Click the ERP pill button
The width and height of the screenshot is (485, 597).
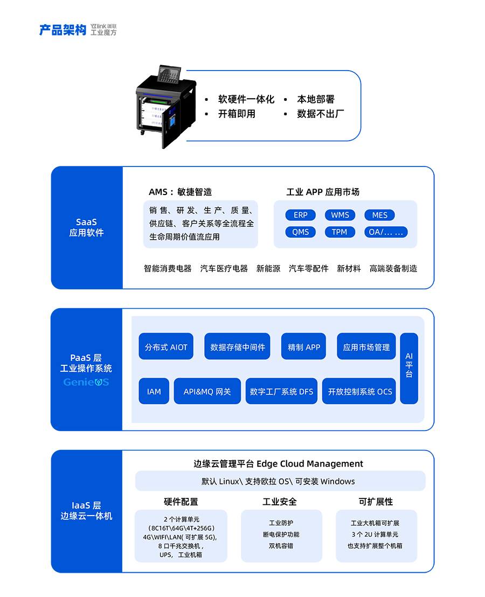[x=301, y=215]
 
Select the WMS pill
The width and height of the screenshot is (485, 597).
[x=340, y=215]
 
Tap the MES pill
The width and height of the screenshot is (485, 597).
[x=379, y=215]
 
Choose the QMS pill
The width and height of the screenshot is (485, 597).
[x=301, y=232]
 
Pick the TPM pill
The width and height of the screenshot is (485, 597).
[x=339, y=232]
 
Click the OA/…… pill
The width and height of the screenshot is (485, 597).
[x=386, y=232]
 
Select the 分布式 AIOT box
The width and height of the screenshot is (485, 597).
[x=166, y=347]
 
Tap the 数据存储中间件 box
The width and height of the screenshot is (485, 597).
[x=238, y=347]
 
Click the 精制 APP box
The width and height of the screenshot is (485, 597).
[x=304, y=347]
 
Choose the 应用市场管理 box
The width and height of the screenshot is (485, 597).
[x=366, y=347]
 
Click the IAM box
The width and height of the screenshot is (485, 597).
[x=154, y=392]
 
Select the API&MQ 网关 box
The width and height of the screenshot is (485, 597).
[x=207, y=392]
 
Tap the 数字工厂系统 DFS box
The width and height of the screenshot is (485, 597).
[x=281, y=392]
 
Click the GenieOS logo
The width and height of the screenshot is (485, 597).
[x=86, y=382]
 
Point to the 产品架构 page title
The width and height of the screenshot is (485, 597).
[x=63, y=30]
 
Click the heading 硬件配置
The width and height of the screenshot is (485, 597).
[x=181, y=502]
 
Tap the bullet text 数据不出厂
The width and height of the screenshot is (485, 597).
[x=321, y=114]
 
